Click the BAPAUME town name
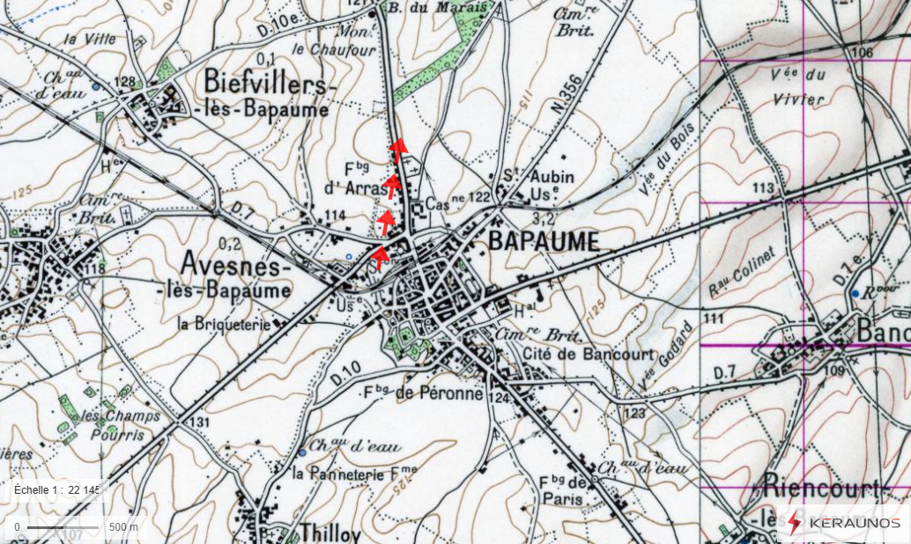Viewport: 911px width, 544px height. pyautogui.click(x=543, y=242)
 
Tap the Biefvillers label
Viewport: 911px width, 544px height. pyautogui.click(x=270, y=84)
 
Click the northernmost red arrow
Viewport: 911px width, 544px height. pyautogui.click(x=398, y=147)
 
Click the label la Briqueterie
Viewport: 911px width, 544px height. pyautogui.click(x=224, y=323)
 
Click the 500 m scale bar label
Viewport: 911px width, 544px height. pyautogui.click(x=123, y=526)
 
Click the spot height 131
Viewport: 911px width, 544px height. pyautogui.click(x=200, y=423)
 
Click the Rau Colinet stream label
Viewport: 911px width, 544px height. pyautogui.click(x=741, y=271)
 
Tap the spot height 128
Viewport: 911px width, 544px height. pyautogui.click(x=125, y=83)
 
